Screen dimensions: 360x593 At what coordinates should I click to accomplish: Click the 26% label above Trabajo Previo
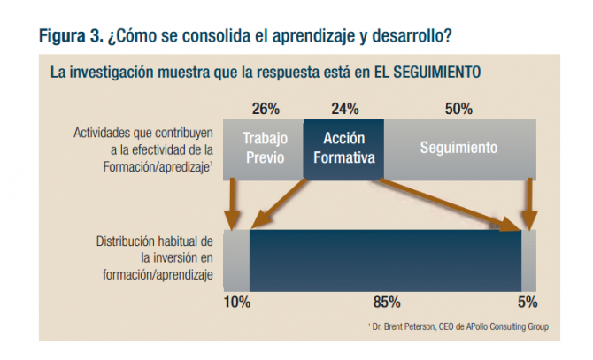click(x=266, y=110)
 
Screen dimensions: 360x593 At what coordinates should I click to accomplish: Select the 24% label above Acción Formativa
click(x=344, y=110)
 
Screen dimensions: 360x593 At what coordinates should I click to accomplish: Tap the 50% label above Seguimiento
click(x=458, y=110)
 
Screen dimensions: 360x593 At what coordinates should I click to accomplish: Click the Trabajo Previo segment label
click(x=265, y=148)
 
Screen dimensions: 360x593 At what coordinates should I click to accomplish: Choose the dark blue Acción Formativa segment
click(x=344, y=148)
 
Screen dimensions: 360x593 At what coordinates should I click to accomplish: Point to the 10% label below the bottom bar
click(x=236, y=302)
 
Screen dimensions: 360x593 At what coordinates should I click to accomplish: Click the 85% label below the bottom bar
click(x=387, y=302)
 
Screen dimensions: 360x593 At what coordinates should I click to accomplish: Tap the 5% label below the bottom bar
click(x=528, y=302)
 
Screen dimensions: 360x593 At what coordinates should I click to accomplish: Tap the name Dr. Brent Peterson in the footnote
click(x=401, y=327)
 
